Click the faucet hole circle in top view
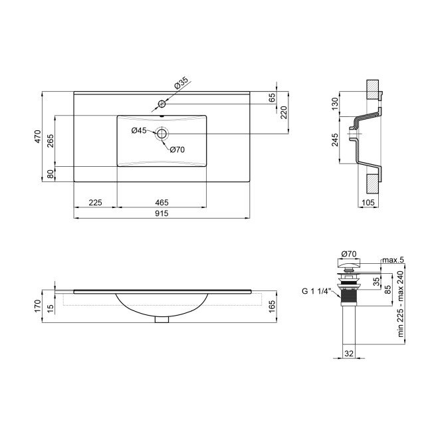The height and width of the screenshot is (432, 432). click(161, 104)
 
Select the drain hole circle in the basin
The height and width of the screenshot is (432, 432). click(161, 134)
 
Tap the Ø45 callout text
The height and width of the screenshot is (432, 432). click(139, 130)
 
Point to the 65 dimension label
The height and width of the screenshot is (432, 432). click(272, 98)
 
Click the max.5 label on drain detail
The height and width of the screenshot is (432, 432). click(393, 259)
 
